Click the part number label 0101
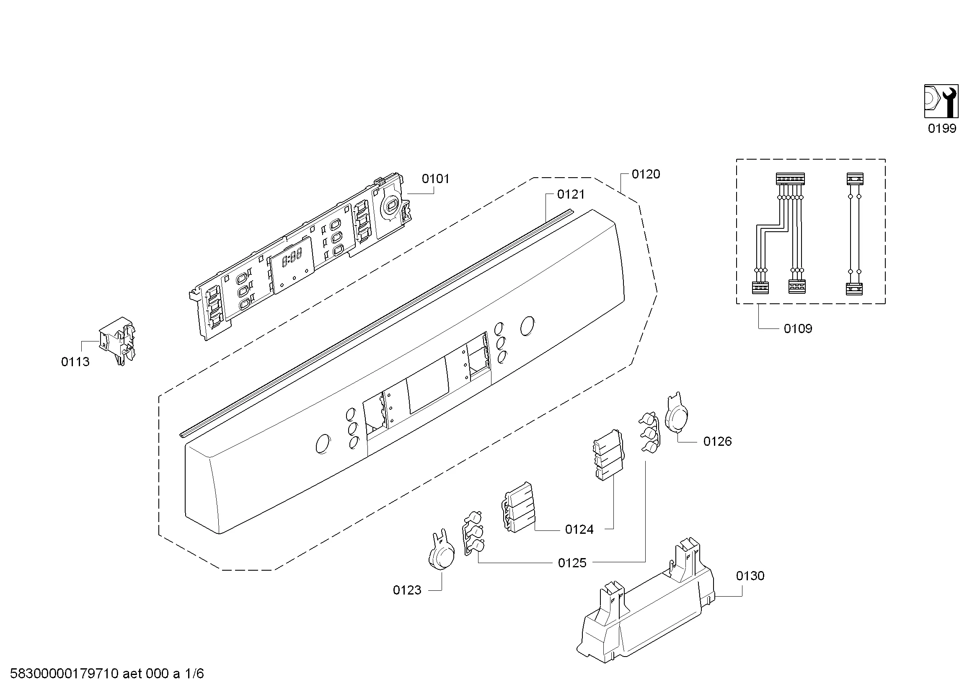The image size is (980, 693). (435, 179)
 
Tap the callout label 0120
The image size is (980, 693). (646, 174)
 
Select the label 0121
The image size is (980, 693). (571, 194)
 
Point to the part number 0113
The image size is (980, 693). (75, 362)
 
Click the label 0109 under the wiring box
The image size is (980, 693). (798, 328)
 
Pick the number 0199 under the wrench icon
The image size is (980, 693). (942, 129)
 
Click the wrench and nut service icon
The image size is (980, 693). (941, 101)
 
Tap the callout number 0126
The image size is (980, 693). (717, 441)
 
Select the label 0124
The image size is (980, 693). (579, 530)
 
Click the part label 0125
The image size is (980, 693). (572, 563)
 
